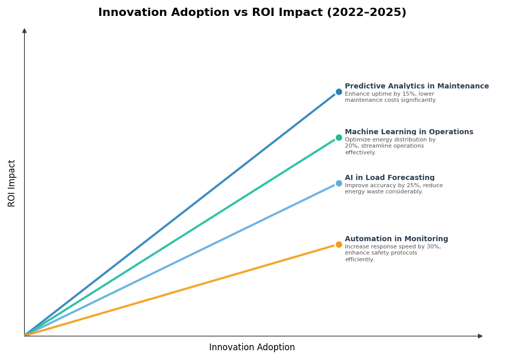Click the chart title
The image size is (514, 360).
(x=252, y=13)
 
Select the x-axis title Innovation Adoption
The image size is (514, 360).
(x=252, y=348)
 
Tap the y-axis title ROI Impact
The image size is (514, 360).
(x=12, y=183)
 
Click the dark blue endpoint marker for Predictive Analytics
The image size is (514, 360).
(x=339, y=92)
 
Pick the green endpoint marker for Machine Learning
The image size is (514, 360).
(x=339, y=138)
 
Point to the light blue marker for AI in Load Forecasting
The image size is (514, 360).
(x=339, y=184)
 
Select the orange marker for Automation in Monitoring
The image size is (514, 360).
(x=339, y=245)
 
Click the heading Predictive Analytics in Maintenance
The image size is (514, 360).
(x=416, y=86)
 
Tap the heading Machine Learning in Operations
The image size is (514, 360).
(x=409, y=132)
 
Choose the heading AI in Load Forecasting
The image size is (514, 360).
(x=390, y=178)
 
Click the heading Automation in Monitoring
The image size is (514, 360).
(x=396, y=239)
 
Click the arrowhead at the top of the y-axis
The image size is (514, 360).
(x=24, y=31)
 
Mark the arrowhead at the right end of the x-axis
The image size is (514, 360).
(x=480, y=336)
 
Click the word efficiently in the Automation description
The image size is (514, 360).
(x=359, y=260)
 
